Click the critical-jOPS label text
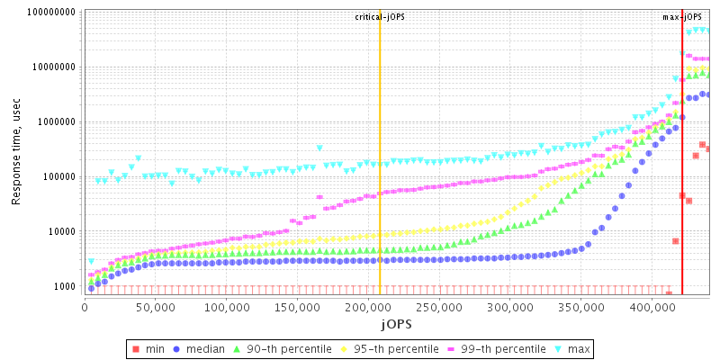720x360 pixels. (x=380, y=17)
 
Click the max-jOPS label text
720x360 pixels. (x=682, y=17)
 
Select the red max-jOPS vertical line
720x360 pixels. (x=682, y=180)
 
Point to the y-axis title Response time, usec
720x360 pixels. (x=16, y=153)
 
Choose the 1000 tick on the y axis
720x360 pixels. (x=64, y=286)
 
